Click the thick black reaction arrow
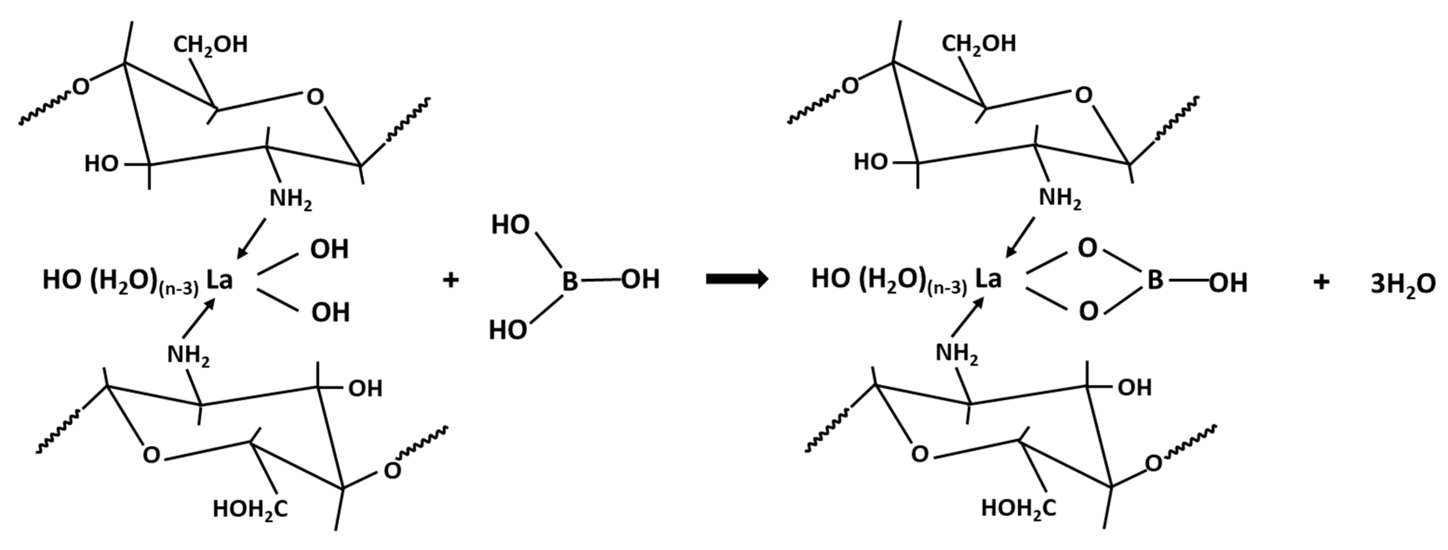click(737, 279)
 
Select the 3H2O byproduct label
click(1403, 284)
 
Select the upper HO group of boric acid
click(510, 225)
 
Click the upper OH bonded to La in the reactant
click(329, 249)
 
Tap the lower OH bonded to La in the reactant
click(330, 312)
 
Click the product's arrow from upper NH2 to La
click(1020, 237)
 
